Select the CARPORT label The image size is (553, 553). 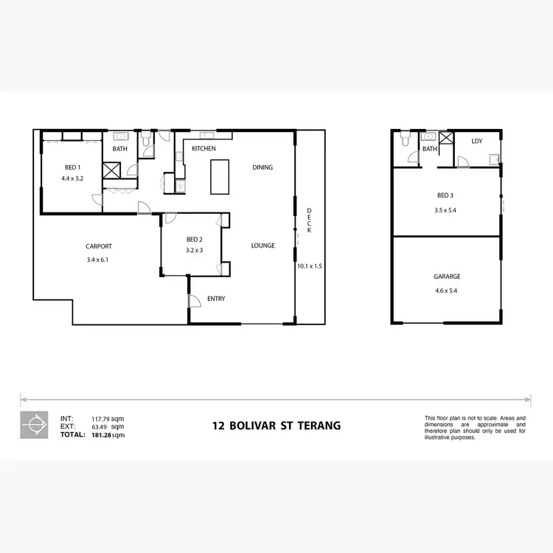(98, 246)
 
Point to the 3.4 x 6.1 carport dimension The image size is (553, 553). (98, 259)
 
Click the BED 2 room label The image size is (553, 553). (194, 240)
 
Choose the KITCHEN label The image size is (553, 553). (204, 149)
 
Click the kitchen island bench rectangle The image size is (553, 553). (220, 177)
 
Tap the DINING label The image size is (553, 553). (262, 167)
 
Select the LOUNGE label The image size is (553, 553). (262, 246)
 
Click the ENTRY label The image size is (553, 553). (216, 299)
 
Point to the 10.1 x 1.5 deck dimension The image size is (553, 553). (309, 266)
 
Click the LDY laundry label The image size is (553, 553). (477, 141)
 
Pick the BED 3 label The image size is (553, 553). (445, 195)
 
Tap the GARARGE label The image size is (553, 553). (447, 276)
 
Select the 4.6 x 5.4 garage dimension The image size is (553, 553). (447, 290)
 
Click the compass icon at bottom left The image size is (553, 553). (33, 425)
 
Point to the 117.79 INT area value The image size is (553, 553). (100, 419)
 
